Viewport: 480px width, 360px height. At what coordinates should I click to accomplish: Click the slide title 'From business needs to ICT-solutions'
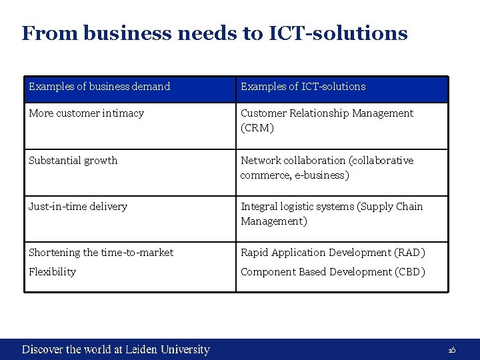(x=214, y=33)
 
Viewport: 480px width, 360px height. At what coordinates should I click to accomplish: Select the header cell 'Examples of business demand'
(x=99, y=87)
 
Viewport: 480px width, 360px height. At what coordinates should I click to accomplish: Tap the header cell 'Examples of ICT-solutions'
(x=303, y=87)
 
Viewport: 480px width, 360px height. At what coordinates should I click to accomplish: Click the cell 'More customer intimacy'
(x=86, y=113)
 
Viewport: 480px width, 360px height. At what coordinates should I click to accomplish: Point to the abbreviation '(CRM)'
(x=257, y=128)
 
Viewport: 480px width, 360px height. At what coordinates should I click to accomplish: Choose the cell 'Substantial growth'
(x=73, y=161)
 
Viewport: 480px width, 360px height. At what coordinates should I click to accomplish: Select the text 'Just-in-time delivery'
(x=77, y=207)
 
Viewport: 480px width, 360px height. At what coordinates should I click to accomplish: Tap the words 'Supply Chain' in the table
(x=391, y=207)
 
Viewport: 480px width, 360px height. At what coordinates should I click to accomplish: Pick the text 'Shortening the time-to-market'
(x=101, y=253)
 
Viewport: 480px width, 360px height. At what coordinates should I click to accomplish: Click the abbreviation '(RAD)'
(x=410, y=253)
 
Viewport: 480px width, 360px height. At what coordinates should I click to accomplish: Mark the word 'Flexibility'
(x=52, y=272)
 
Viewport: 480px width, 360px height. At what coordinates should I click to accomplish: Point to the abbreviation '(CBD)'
(x=409, y=272)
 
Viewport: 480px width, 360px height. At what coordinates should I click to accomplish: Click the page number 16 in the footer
(x=451, y=351)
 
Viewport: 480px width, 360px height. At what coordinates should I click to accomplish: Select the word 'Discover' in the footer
(x=43, y=349)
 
